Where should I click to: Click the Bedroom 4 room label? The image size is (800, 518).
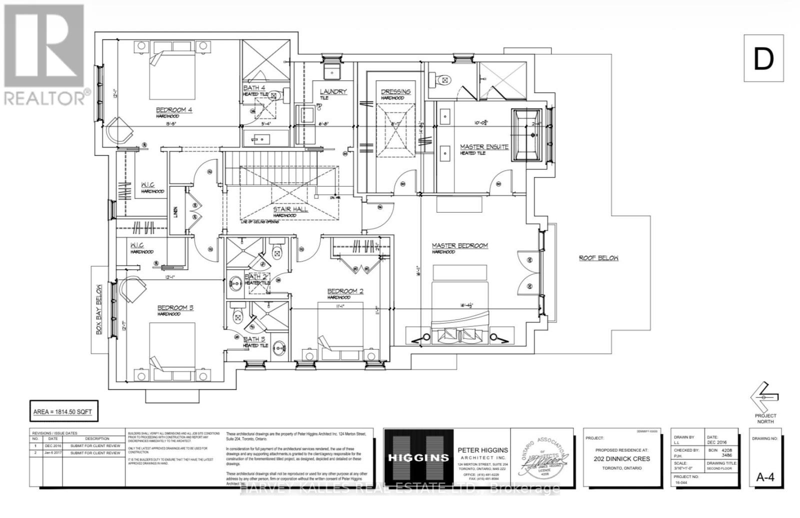click(174, 110)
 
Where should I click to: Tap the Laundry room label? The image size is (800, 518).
click(333, 92)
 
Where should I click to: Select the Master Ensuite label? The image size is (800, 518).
click(484, 147)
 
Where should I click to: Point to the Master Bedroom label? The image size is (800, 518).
click(459, 245)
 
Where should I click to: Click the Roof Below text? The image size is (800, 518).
click(598, 258)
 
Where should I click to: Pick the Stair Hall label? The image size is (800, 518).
click(290, 209)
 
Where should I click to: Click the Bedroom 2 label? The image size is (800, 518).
click(345, 291)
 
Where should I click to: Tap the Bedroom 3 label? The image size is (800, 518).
click(175, 308)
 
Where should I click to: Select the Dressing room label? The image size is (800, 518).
click(395, 91)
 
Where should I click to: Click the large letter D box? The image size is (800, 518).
click(763, 58)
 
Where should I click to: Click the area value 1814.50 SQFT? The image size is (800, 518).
click(62, 412)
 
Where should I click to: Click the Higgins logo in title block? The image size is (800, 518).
click(418, 457)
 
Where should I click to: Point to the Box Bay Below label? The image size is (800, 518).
click(98, 309)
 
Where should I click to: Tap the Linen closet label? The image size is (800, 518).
click(175, 213)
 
